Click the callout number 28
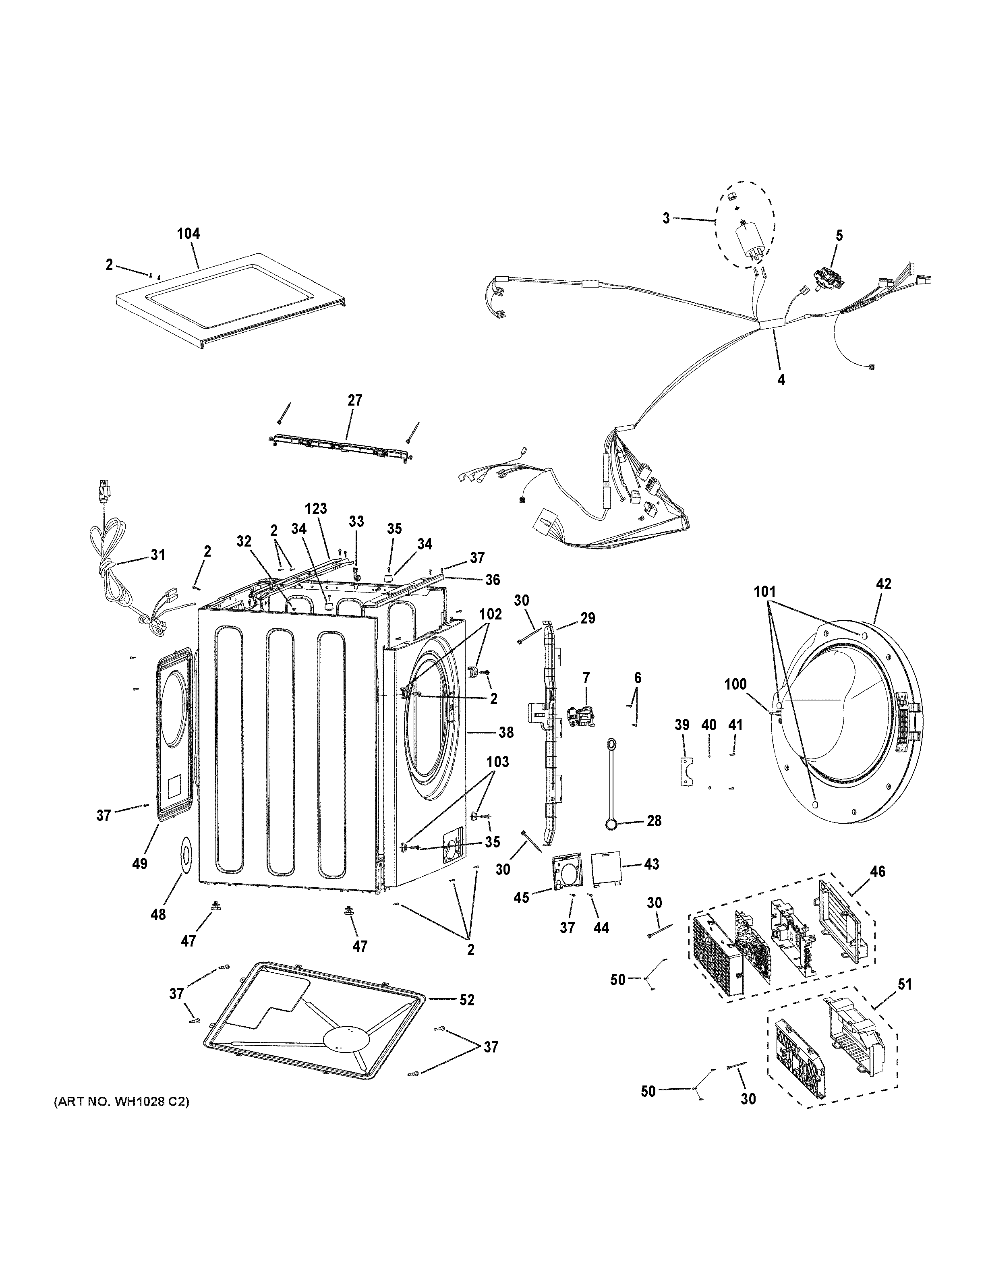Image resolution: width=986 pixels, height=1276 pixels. tap(654, 820)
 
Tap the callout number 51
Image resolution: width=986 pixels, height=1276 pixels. tap(904, 984)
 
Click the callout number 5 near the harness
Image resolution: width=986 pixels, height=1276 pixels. tap(839, 236)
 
